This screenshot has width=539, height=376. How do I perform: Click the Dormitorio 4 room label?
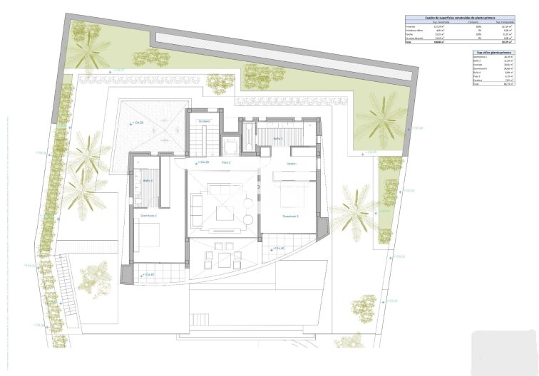(x=148, y=215)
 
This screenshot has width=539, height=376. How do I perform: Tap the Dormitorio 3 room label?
(x=289, y=216)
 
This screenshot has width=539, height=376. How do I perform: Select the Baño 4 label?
(x=148, y=180)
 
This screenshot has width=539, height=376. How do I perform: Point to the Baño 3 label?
(x=278, y=138)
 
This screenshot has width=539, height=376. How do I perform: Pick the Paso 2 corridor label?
(x=226, y=163)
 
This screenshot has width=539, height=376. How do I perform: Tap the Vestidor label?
(x=291, y=163)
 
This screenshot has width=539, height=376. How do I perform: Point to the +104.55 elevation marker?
(x=137, y=123)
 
